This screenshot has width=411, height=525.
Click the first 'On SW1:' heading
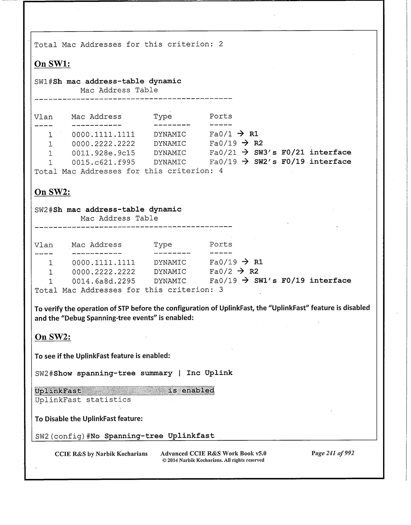pos(52,64)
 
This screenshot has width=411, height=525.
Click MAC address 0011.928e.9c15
pos(103,153)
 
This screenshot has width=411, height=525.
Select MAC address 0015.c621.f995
pos(103,162)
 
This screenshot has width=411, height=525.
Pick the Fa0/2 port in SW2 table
pos(221,272)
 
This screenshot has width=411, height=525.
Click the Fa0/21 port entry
pos(223,153)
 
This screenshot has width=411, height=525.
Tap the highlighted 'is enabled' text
pos(191,391)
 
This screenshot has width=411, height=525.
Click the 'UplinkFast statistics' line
pos(83,400)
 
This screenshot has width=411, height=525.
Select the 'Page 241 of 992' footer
pos(333,453)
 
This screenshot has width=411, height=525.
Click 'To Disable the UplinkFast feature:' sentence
pos(89,419)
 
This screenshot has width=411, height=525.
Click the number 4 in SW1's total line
pos(221,171)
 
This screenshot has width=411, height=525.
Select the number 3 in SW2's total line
pos(221,290)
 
